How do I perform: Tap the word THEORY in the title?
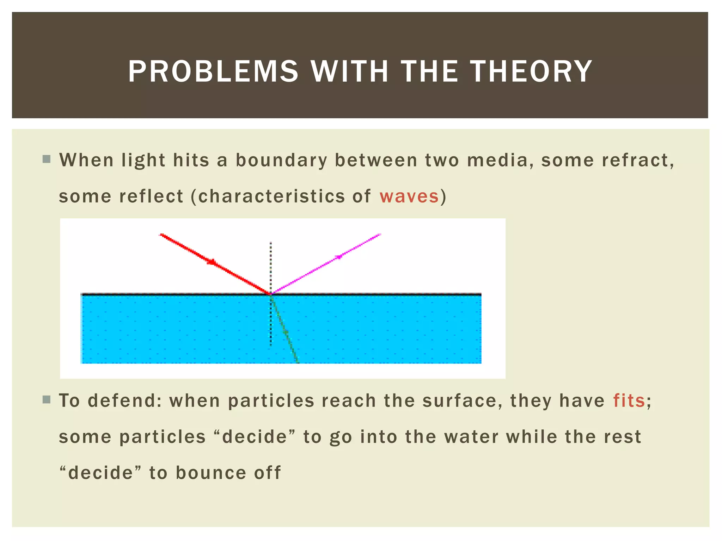(x=532, y=71)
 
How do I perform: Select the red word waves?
(x=409, y=196)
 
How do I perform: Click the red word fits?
(x=629, y=400)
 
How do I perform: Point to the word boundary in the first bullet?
(x=281, y=160)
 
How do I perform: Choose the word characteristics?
(x=271, y=196)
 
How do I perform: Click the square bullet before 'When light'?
(x=46, y=159)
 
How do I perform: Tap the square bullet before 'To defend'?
(x=46, y=399)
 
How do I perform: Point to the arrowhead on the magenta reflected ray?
(x=338, y=257)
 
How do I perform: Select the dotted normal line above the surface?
(x=271, y=264)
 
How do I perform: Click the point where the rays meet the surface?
(x=271, y=294)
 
